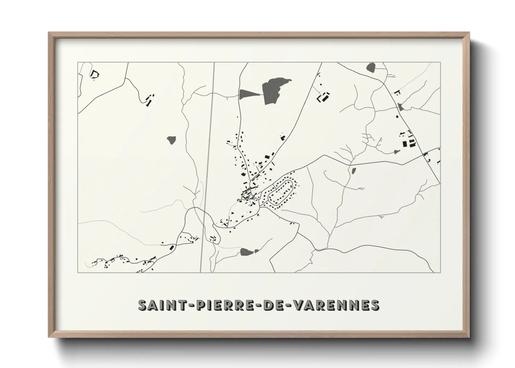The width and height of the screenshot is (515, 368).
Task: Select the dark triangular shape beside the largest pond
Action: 247,94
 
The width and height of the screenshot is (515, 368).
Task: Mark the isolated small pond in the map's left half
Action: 171,140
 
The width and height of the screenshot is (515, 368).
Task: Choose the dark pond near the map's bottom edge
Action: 247,251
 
